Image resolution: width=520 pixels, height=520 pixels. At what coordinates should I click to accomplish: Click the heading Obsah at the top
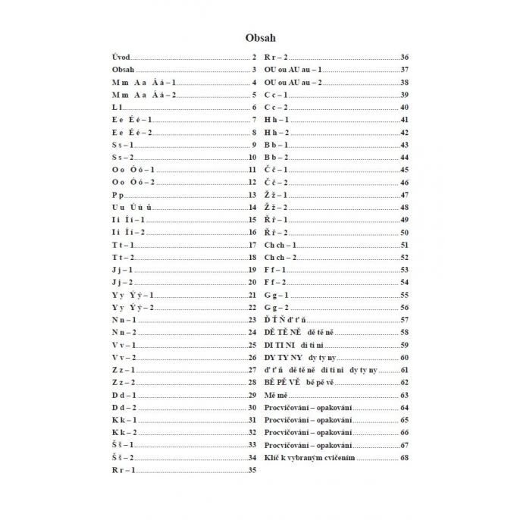pos(260,36)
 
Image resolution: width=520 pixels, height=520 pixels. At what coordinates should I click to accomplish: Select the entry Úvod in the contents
pos(121,58)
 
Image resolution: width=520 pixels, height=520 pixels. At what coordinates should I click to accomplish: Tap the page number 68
pos(404,458)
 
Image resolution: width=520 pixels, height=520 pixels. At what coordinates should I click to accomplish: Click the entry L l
pos(116,107)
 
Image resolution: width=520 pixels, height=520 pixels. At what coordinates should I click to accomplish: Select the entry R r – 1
pos(124,470)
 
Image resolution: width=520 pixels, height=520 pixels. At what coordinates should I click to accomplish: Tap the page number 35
pos(252,470)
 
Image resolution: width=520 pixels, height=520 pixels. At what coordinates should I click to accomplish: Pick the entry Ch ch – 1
pos(280,245)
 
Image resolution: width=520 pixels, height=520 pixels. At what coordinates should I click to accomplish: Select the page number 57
pos(404,321)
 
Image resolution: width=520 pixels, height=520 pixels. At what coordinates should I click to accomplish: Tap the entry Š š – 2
pos(124,458)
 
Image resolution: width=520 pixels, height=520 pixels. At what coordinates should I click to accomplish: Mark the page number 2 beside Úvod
pos(255,58)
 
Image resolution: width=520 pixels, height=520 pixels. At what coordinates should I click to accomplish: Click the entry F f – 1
pos(275,270)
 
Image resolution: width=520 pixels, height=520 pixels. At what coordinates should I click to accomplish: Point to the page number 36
pos(404,58)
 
